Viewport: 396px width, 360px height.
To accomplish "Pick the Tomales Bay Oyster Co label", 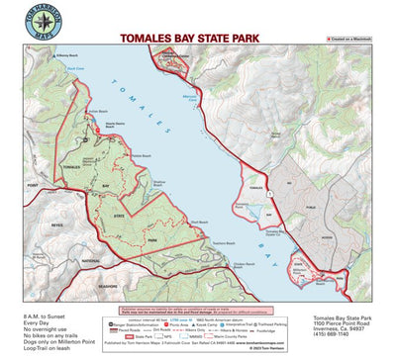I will (246, 204).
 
